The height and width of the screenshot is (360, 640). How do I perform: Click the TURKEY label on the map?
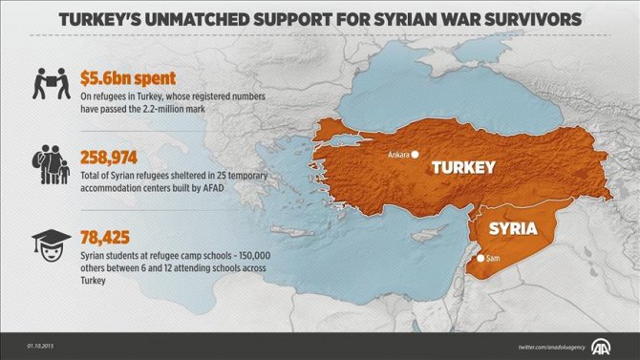pyautogui.click(x=463, y=168)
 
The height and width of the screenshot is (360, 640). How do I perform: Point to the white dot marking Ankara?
pyautogui.click(x=416, y=154)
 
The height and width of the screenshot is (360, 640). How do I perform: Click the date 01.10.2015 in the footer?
pyautogui.click(x=43, y=345)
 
